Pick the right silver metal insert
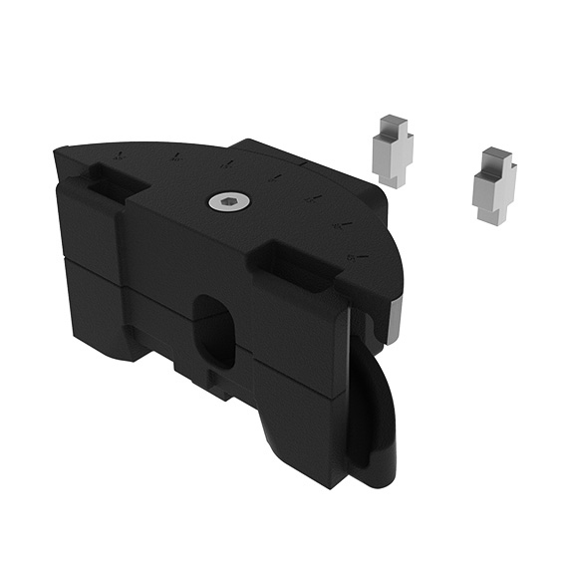pyautogui.click(x=493, y=185)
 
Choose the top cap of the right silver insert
pyautogui.click(x=491, y=158)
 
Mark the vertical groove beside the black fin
pyautogui.click(x=351, y=399)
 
